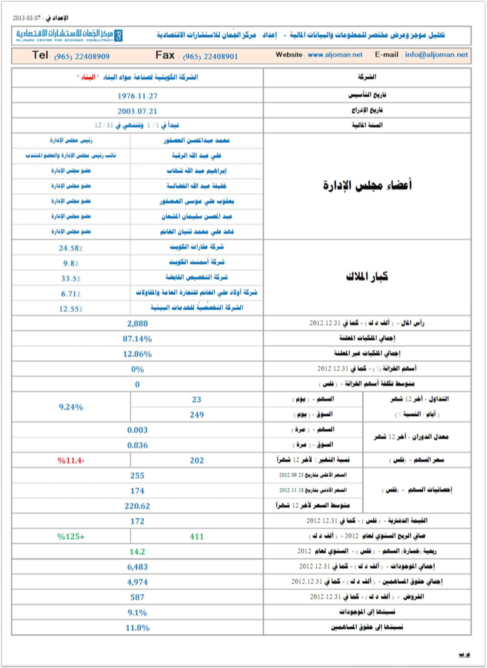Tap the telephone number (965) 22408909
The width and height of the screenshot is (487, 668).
click(x=82, y=56)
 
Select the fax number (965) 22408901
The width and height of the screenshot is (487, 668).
click(x=210, y=56)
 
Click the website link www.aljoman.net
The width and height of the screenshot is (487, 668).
click(x=335, y=55)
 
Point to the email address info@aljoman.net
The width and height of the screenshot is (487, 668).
click(x=436, y=55)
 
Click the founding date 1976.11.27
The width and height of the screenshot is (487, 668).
click(x=137, y=96)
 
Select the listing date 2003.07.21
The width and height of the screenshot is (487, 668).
click(x=137, y=111)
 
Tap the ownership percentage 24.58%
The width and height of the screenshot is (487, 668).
click(x=71, y=248)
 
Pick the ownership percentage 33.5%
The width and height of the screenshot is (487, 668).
click(x=71, y=279)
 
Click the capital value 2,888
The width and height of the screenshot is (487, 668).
click(x=137, y=323)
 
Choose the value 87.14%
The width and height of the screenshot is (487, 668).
click(x=137, y=339)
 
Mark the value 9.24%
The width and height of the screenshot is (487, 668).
click(x=71, y=407)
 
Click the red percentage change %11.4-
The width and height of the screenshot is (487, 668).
click(x=71, y=461)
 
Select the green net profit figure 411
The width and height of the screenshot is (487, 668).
click(x=196, y=536)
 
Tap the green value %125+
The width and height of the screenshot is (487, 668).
click(x=71, y=536)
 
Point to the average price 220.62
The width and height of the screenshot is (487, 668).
click(x=137, y=506)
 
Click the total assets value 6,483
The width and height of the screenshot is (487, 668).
click(x=137, y=567)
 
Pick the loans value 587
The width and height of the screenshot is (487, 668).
click(x=137, y=597)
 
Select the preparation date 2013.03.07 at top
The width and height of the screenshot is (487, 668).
click(x=27, y=18)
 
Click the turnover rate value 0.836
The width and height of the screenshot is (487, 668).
click(x=137, y=445)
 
